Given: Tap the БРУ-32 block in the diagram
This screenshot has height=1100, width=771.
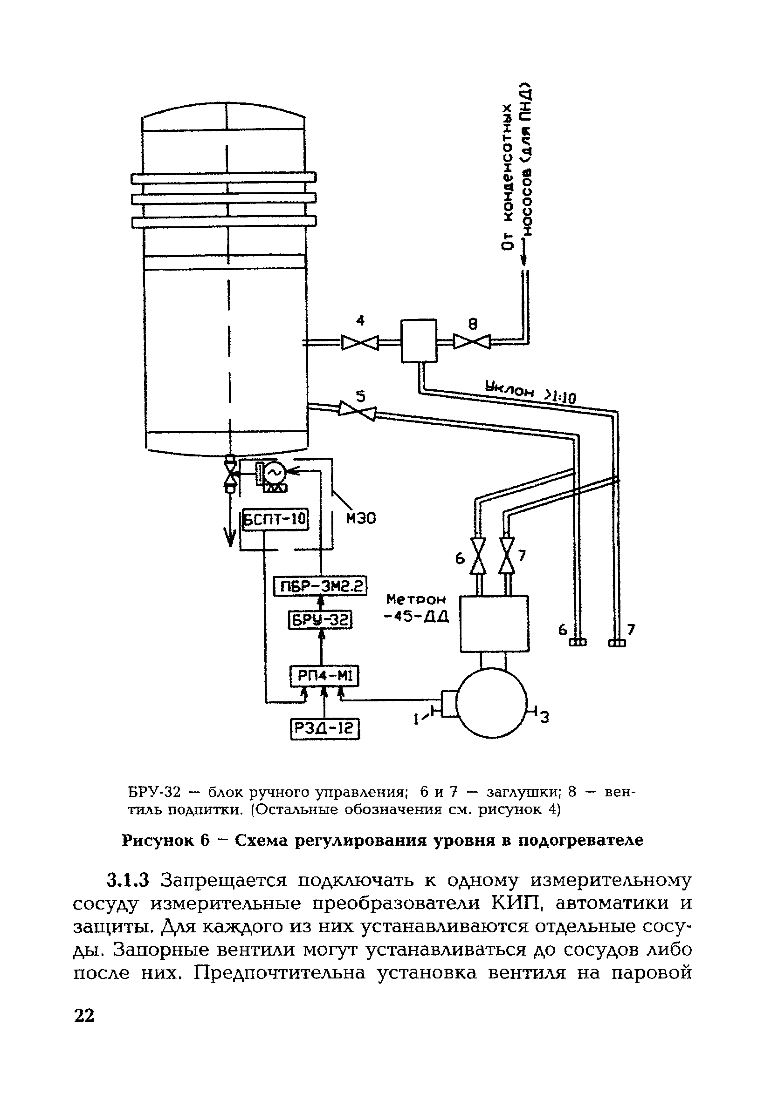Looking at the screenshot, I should (320, 621).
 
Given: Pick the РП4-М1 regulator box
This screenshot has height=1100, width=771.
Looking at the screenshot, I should (324, 676).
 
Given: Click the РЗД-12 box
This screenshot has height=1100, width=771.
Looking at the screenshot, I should (324, 729).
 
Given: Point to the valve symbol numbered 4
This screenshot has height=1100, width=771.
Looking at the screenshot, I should (359, 342).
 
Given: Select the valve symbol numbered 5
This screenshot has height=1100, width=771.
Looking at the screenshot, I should (357, 411).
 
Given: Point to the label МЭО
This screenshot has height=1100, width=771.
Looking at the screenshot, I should (361, 518).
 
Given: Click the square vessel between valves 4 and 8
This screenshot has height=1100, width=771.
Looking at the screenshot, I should (419, 340).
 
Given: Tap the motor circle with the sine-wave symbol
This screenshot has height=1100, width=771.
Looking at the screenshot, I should (275, 472).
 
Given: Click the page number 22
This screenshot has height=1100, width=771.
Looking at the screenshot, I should (84, 1015).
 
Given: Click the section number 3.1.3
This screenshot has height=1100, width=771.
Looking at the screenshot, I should (128, 880).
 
